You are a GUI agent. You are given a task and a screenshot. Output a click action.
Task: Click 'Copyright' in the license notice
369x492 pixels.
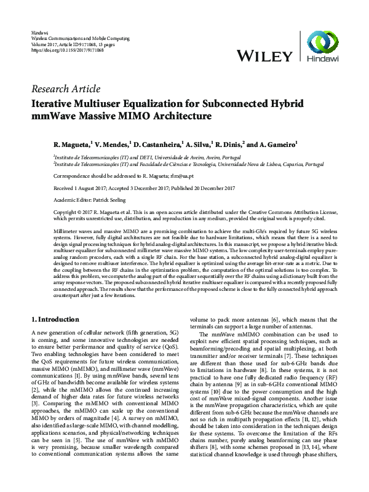coord(44,211)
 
